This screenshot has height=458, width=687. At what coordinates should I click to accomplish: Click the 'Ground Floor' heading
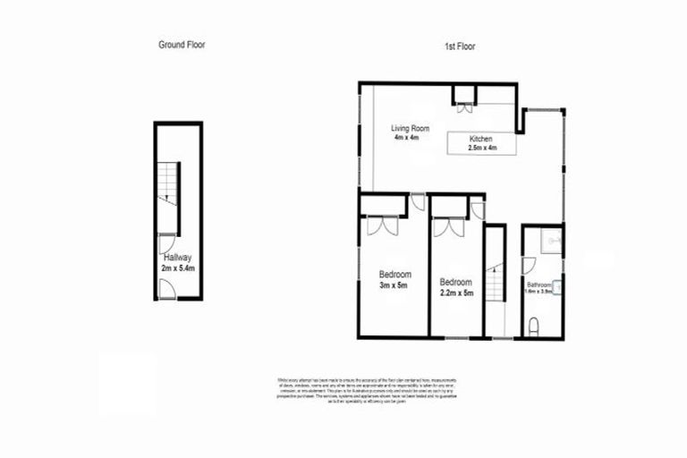point(182,44)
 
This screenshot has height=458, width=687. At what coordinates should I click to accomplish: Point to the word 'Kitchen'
point(482,139)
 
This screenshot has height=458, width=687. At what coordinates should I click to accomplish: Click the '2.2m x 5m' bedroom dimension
point(456,292)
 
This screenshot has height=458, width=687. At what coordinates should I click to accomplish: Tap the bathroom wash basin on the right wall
point(558,286)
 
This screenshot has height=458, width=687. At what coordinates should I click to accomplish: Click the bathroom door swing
point(529,265)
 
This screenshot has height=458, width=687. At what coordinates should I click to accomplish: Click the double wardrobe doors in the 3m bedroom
point(381,226)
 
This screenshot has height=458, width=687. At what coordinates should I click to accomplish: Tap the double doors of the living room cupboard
point(464,111)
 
